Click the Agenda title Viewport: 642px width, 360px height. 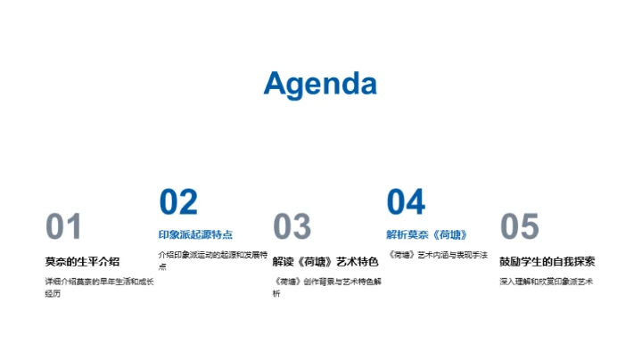(x=320, y=84)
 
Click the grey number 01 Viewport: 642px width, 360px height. (x=63, y=227)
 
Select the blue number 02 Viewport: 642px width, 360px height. (x=178, y=202)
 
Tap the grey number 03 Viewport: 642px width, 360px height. (x=292, y=227)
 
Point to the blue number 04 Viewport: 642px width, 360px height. (x=406, y=202)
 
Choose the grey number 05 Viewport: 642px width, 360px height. (x=519, y=227)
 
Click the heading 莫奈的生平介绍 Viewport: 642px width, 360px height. (x=82, y=261)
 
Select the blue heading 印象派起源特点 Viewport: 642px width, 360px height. (x=195, y=234)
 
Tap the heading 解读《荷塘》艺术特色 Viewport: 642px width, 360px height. (x=325, y=261)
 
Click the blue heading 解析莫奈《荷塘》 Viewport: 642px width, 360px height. (x=427, y=234)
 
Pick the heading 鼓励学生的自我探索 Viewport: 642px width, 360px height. (x=547, y=261)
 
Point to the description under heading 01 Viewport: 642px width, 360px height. (x=99, y=287)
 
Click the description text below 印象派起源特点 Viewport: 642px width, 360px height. (x=212, y=259)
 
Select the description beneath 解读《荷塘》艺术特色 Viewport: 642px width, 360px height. (x=326, y=287)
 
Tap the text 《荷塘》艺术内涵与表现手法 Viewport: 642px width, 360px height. (x=437, y=255)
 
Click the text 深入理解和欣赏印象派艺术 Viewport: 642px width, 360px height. (x=546, y=282)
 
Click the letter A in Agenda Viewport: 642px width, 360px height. (x=276, y=84)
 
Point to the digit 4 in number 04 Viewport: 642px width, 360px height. (x=416, y=202)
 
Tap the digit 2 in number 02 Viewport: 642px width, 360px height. (x=188, y=202)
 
